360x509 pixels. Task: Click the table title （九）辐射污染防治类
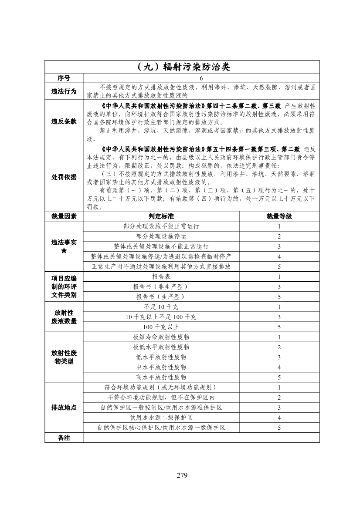pyautogui.click(x=182, y=67)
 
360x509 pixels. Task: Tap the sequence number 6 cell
pyautogui.click(x=201, y=78)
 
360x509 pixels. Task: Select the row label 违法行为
pyautogui.click(x=64, y=91)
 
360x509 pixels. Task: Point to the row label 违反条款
pyautogui.click(x=64, y=121)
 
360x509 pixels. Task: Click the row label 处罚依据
pyautogui.click(x=64, y=177)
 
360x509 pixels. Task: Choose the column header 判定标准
pyautogui.click(x=161, y=216)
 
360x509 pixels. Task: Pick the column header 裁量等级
pyautogui.click(x=279, y=216)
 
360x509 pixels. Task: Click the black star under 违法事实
pyautogui.click(x=64, y=252)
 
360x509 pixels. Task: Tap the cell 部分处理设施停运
pyautogui.click(x=161, y=236)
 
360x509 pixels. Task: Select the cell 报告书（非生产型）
pyautogui.click(x=161, y=287)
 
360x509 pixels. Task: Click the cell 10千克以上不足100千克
pyautogui.click(x=161, y=317)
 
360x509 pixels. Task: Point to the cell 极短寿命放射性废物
pyautogui.click(x=161, y=337)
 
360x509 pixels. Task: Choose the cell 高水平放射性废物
pyautogui.click(x=161, y=377)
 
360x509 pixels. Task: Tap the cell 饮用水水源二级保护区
pyautogui.click(x=161, y=418)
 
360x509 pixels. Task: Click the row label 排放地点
pyautogui.click(x=64, y=408)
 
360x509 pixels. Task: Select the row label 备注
pyautogui.click(x=64, y=438)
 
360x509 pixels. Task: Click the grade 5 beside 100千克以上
pyautogui.click(x=279, y=327)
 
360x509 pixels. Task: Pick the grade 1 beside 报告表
pyautogui.click(x=279, y=277)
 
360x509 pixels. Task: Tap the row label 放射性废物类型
pyautogui.click(x=64, y=357)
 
